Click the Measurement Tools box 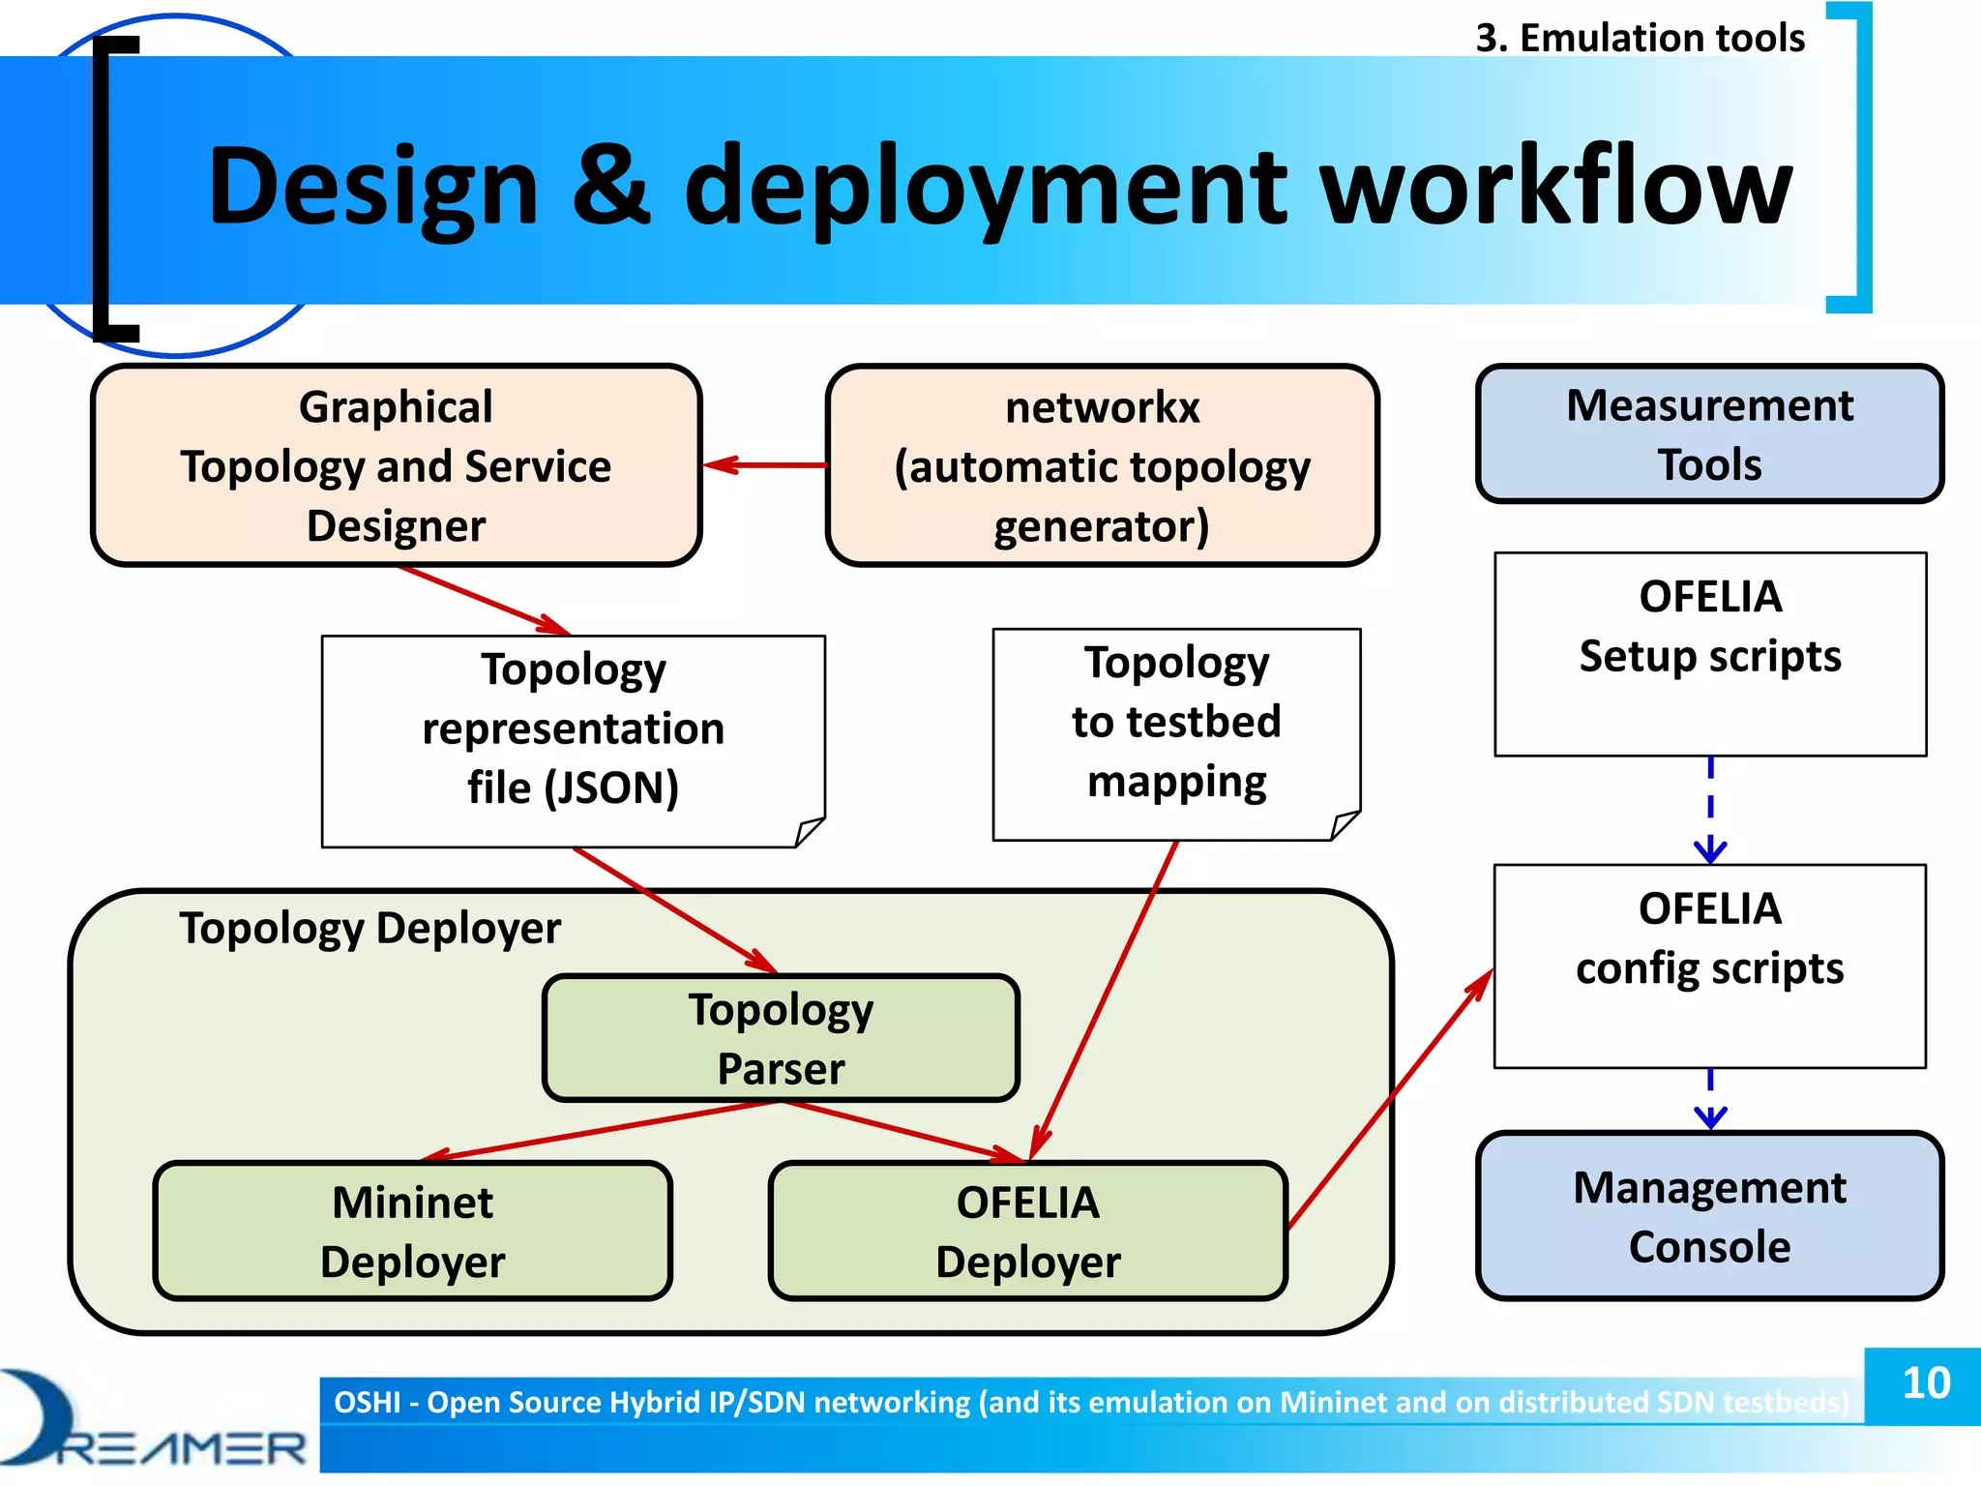click(x=1709, y=433)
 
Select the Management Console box click(x=1709, y=1216)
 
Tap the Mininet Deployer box click(x=412, y=1231)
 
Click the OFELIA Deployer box click(x=1027, y=1231)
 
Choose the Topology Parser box click(x=781, y=1037)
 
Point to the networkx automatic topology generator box click(x=1102, y=465)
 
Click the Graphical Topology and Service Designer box click(x=396, y=465)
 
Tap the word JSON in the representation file click(x=611, y=788)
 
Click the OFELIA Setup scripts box click(x=1709, y=654)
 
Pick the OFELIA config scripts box click(x=1709, y=966)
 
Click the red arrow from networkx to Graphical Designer click(x=764, y=465)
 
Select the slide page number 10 click(x=1925, y=1383)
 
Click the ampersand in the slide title click(x=610, y=186)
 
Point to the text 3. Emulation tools click(x=1640, y=39)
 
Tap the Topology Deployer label click(x=370, y=929)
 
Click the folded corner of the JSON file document click(x=809, y=832)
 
